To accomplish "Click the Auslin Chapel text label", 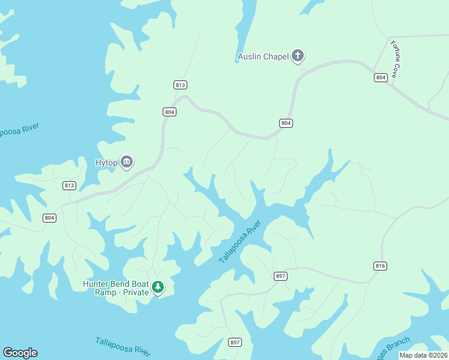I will coord(263,58).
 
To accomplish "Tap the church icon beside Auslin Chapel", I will coord(297,57).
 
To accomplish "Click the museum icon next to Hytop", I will coord(127,161).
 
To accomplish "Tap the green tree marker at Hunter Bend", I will coord(158,287).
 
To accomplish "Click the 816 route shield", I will coord(381,266).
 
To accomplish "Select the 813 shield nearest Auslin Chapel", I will coord(181,85).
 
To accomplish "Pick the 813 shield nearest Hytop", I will coord(69,185).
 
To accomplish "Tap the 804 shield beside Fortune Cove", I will coord(381,77).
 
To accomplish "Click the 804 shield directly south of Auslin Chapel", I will coord(286,123).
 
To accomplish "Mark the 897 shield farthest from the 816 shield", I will coord(235,343).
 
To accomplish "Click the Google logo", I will coord(20,353).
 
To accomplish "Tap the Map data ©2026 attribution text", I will coord(424,355).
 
